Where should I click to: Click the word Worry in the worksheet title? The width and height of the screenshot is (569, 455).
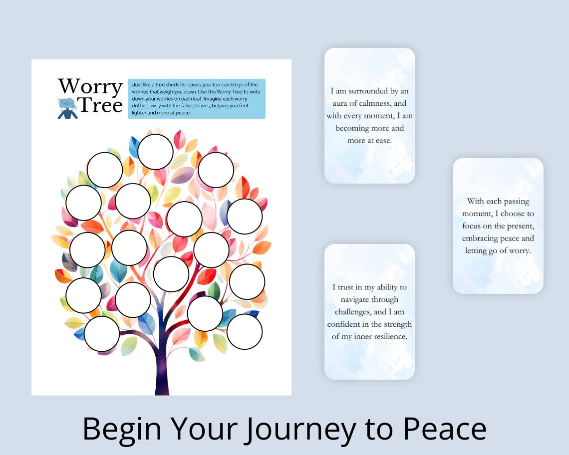(90, 87)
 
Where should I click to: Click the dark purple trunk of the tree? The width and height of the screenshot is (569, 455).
(162, 369)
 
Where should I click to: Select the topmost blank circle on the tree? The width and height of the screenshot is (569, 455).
(155, 152)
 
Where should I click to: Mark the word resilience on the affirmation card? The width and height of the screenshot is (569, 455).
(388, 337)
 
